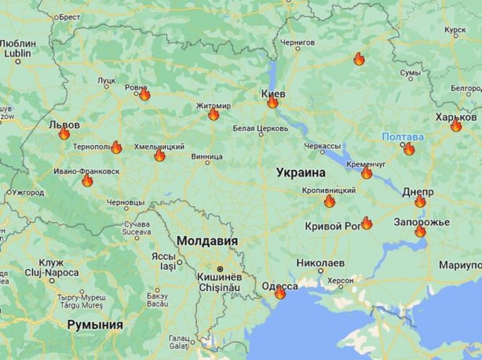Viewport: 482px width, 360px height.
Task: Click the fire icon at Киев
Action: [x=272, y=102]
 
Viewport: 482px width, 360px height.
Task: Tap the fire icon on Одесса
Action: [x=280, y=293]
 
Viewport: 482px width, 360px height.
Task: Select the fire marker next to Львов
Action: [x=64, y=133]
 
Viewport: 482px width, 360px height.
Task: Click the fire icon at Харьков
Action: [x=456, y=125]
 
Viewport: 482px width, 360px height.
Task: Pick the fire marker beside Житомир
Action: [x=214, y=115]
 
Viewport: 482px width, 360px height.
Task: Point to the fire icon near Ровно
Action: [x=144, y=95]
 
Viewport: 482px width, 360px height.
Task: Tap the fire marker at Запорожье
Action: [x=420, y=231]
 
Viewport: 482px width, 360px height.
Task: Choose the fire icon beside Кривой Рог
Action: [x=366, y=224]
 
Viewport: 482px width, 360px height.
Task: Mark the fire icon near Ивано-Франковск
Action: [x=87, y=181]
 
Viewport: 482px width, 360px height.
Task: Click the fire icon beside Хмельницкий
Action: [x=159, y=155]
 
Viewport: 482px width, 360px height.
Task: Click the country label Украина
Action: [x=301, y=173]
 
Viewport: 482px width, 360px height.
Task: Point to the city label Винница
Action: [x=207, y=156]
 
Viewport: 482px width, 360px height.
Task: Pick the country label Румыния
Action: [x=95, y=324]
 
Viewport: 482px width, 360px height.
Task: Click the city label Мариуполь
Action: [x=461, y=264]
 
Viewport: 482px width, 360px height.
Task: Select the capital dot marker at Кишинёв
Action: [x=219, y=269]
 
